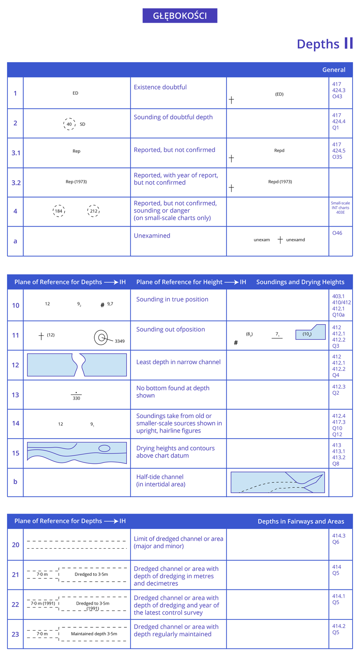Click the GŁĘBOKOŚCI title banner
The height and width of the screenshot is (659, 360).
tap(180, 16)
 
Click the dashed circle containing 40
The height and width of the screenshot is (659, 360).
tap(69, 124)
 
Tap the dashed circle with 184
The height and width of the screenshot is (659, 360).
tap(59, 211)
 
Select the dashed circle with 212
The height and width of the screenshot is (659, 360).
tap(94, 211)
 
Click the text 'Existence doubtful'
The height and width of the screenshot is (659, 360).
tap(160, 87)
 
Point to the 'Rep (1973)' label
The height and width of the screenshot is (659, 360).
tap(76, 182)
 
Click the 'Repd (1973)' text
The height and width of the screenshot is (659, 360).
tap(280, 182)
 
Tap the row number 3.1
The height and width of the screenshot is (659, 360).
tap(16, 153)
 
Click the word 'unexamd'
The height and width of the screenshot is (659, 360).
tap(295, 240)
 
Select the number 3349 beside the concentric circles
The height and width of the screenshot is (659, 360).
tap(119, 341)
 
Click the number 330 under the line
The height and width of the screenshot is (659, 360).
tap(76, 398)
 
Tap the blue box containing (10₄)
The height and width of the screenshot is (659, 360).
tap(310, 332)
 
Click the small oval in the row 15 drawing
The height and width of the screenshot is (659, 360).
tap(104, 449)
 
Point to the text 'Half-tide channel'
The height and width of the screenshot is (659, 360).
tap(160, 477)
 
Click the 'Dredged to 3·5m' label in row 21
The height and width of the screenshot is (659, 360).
tap(91, 574)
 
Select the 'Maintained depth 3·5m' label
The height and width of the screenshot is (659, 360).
tap(94, 634)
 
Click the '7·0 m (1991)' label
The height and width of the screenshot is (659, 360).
tap(43, 603)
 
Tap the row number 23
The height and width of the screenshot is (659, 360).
tap(16, 634)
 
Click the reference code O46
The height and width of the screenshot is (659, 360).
tap(337, 233)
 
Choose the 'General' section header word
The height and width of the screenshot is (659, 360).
tap(334, 70)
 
